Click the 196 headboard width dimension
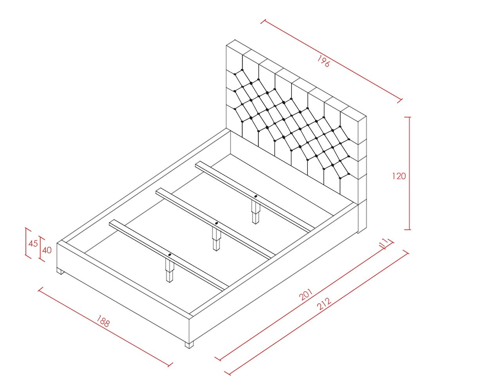click(x=323, y=61)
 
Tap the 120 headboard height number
click(x=398, y=176)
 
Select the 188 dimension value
click(x=103, y=321)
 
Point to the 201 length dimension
click(x=306, y=294)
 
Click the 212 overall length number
click(x=324, y=304)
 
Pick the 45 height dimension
click(x=33, y=243)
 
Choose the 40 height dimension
click(x=47, y=250)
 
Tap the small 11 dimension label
click(x=384, y=243)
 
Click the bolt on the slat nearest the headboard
click(x=256, y=196)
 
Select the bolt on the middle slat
click(x=216, y=223)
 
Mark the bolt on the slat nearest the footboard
click(x=170, y=255)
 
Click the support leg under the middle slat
click(x=216, y=239)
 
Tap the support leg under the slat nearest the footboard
click(x=170, y=271)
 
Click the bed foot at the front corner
click(x=189, y=345)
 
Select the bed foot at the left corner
click(x=61, y=271)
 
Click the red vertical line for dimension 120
click(x=409, y=173)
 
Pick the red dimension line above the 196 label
click(x=332, y=61)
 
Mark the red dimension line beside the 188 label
click(x=105, y=327)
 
